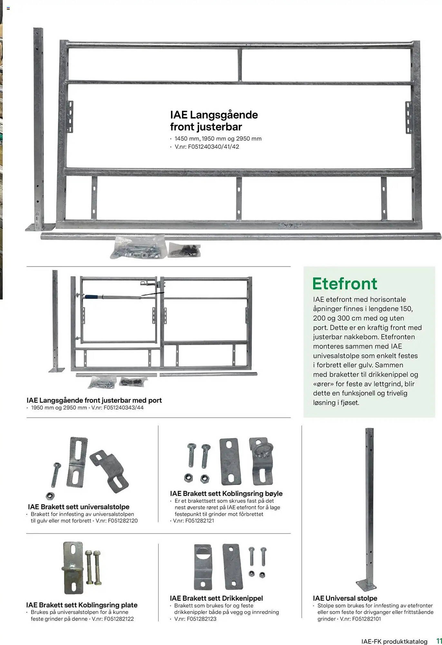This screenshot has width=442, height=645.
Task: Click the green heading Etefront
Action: tap(344, 284)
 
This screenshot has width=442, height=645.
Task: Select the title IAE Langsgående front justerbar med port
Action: tap(94, 400)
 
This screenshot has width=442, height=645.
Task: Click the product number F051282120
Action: tap(123, 521)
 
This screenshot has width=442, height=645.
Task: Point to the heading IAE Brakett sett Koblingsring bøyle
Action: tap(226, 493)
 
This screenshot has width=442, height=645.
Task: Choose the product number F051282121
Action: tap(199, 521)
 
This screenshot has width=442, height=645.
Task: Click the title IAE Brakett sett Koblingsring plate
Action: tap(82, 605)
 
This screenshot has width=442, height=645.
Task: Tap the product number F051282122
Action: tap(119, 619)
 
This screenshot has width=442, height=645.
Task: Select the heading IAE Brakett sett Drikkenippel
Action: tap(216, 598)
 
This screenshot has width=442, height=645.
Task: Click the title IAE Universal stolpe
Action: tap(345, 598)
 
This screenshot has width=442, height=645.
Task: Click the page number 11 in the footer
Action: tap(438, 641)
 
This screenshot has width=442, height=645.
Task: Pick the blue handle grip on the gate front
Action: tap(93, 296)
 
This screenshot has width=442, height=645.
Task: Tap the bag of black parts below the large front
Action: tap(184, 250)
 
